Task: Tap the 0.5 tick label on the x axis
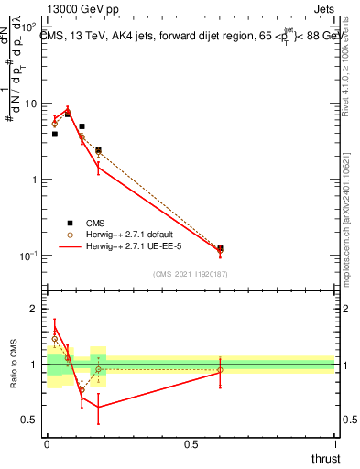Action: click(x=191, y=445)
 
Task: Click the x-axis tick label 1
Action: click(x=334, y=445)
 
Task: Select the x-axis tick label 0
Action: click(x=47, y=445)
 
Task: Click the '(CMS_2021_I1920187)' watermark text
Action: click(x=191, y=274)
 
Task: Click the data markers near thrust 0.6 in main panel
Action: click(x=220, y=248)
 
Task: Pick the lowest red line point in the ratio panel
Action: click(x=98, y=408)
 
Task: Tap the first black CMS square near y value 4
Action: click(x=54, y=134)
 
